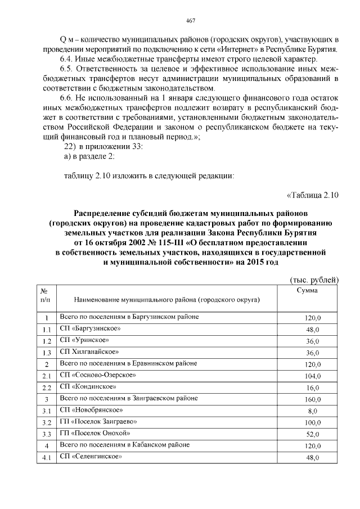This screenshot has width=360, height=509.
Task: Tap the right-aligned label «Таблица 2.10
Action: tap(312, 195)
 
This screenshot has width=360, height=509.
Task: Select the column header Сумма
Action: tap(307, 290)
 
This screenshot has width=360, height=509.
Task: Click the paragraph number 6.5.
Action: tap(67, 69)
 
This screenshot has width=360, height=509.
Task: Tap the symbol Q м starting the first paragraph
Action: tap(66, 39)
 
